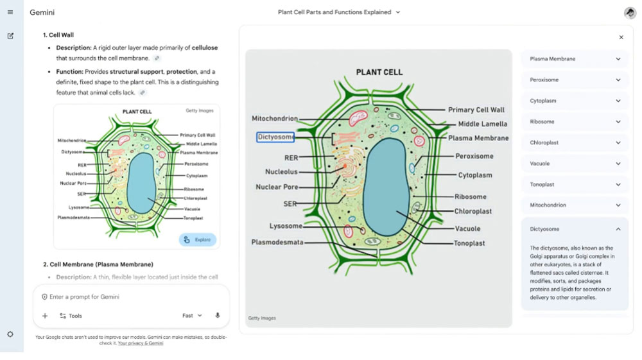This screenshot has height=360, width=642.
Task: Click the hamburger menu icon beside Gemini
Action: (x=10, y=12)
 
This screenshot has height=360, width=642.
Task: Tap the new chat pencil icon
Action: (x=11, y=36)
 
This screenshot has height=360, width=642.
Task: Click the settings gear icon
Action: (x=10, y=334)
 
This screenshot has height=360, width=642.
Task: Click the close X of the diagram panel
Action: (x=621, y=37)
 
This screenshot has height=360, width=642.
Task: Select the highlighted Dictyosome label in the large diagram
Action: (x=275, y=137)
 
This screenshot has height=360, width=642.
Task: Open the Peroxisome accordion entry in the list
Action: (x=575, y=80)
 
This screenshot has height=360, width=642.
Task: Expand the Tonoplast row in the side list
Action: (x=575, y=185)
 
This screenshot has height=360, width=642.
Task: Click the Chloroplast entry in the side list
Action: (x=575, y=142)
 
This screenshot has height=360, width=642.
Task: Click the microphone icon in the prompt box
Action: (x=218, y=316)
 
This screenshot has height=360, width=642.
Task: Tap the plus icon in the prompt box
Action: (x=45, y=316)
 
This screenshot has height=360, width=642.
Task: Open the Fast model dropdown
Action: (x=192, y=316)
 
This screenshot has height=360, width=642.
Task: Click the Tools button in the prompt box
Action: (x=71, y=316)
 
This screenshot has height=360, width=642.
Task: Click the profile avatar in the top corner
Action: (x=630, y=13)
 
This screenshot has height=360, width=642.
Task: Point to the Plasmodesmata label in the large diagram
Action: (x=277, y=242)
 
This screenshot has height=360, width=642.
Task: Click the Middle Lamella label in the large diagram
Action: (x=483, y=124)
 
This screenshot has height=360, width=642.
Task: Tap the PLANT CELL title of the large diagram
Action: (x=379, y=73)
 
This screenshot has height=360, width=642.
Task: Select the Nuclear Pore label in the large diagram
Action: (x=277, y=187)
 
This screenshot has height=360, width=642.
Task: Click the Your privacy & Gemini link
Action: (x=141, y=343)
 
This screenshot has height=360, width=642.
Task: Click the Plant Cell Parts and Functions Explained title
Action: (x=334, y=12)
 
